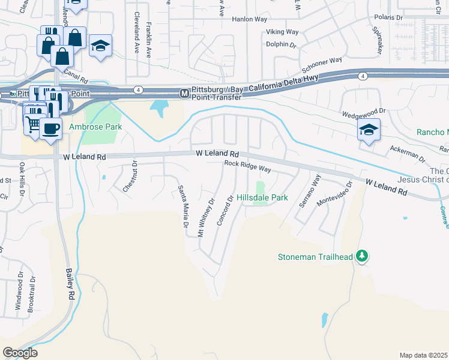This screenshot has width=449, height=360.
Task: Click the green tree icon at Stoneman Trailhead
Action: click(361, 256)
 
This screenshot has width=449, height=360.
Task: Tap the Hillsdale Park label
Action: click(262, 197)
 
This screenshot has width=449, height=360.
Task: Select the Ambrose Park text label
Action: click(95, 127)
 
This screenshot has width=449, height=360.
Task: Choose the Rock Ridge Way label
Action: click(248, 166)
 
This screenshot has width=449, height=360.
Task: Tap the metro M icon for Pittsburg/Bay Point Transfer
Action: click(185, 94)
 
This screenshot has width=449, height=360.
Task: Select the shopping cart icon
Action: click(34, 124)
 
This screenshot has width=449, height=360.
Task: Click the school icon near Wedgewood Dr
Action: click(367, 130)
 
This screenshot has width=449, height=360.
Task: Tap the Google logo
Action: click(20, 352)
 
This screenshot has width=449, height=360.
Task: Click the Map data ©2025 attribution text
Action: click(423, 355)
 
